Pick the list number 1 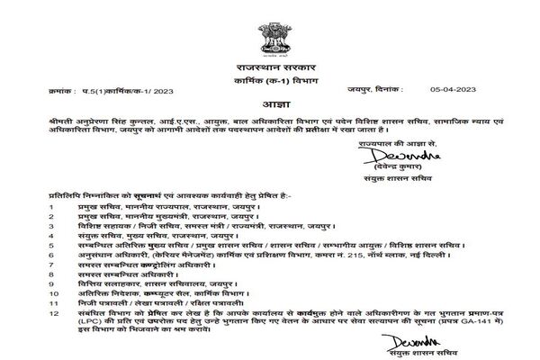pos(52,206)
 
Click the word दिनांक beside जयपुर pos(386,89)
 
